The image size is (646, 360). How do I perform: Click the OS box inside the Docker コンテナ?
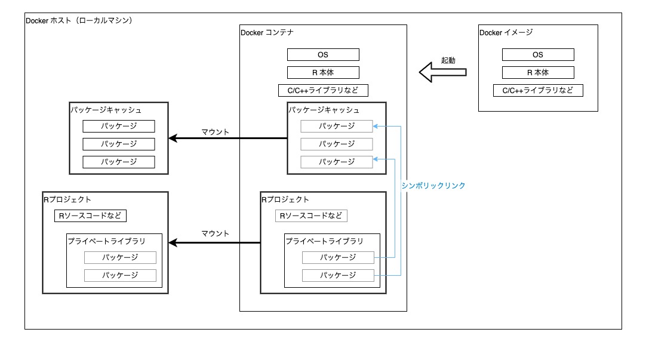[x=323, y=55]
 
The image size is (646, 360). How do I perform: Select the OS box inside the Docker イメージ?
[x=538, y=55]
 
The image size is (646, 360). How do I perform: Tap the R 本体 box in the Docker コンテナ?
[x=323, y=73]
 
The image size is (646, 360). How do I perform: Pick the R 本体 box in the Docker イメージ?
[x=538, y=73]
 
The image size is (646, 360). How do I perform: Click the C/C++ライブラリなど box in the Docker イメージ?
[x=538, y=91]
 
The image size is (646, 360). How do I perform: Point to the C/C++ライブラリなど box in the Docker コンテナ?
[x=323, y=91]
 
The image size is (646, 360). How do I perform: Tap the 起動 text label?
[x=448, y=60]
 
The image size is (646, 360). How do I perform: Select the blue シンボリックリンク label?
[x=433, y=186]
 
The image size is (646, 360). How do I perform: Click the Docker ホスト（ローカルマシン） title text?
[x=79, y=20]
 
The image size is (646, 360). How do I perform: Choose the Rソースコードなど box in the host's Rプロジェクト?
[x=90, y=216]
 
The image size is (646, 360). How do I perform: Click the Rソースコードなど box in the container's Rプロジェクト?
[x=311, y=216]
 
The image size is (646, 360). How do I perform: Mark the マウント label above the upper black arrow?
[x=215, y=132]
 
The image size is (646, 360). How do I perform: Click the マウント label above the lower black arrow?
[x=215, y=233]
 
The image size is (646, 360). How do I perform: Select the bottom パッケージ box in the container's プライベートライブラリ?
[x=338, y=275]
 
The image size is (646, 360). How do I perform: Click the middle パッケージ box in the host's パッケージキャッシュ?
[x=119, y=144]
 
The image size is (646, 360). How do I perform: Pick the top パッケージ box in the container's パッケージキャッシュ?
[x=337, y=126]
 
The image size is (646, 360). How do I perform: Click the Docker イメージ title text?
[x=506, y=33]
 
